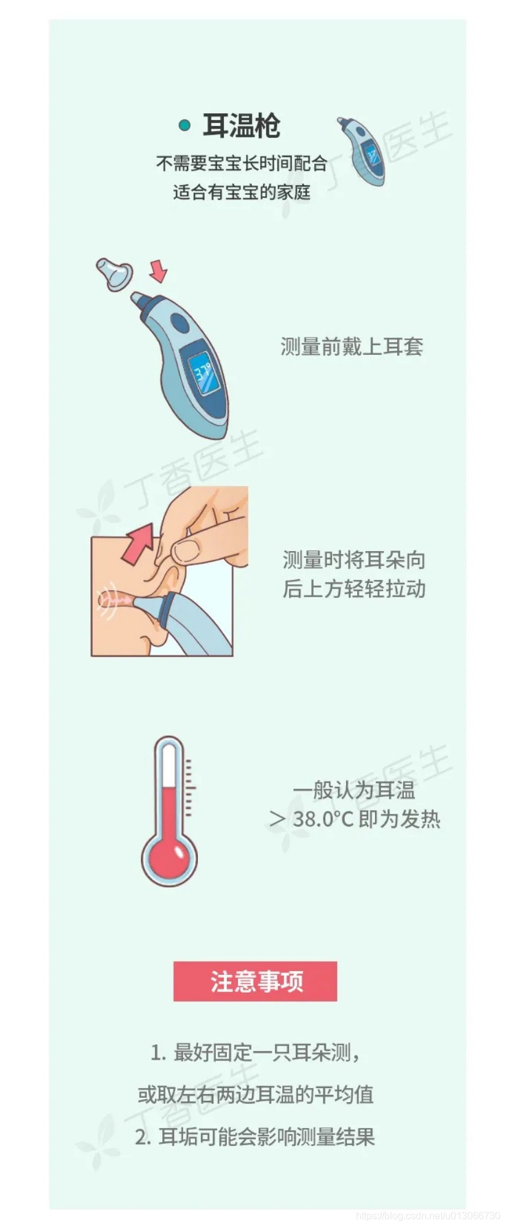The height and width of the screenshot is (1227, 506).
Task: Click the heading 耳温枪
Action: pos(242,126)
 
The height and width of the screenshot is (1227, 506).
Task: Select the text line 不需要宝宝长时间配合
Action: pos(242,164)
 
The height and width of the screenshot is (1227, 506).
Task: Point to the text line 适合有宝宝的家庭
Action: pos(242,192)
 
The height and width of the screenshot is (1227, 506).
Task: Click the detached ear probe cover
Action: pos(114,273)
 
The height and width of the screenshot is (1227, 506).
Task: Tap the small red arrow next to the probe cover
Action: pos(158,271)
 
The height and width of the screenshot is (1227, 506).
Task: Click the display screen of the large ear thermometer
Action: pos(204,373)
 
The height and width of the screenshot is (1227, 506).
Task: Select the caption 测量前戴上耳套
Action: pos(352,346)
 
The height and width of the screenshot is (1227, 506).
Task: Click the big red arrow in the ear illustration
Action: pos(138,543)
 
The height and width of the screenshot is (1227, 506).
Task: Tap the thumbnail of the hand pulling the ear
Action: pos(170,571)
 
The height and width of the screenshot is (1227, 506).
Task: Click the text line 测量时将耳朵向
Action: pos(354,560)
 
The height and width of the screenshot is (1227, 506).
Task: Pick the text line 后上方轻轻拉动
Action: pos(354,589)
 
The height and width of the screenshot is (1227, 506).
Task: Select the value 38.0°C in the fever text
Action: pos(323,819)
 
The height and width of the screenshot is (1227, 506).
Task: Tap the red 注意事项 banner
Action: pos(255,981)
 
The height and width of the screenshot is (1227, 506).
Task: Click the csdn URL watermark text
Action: pos(429,1215)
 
